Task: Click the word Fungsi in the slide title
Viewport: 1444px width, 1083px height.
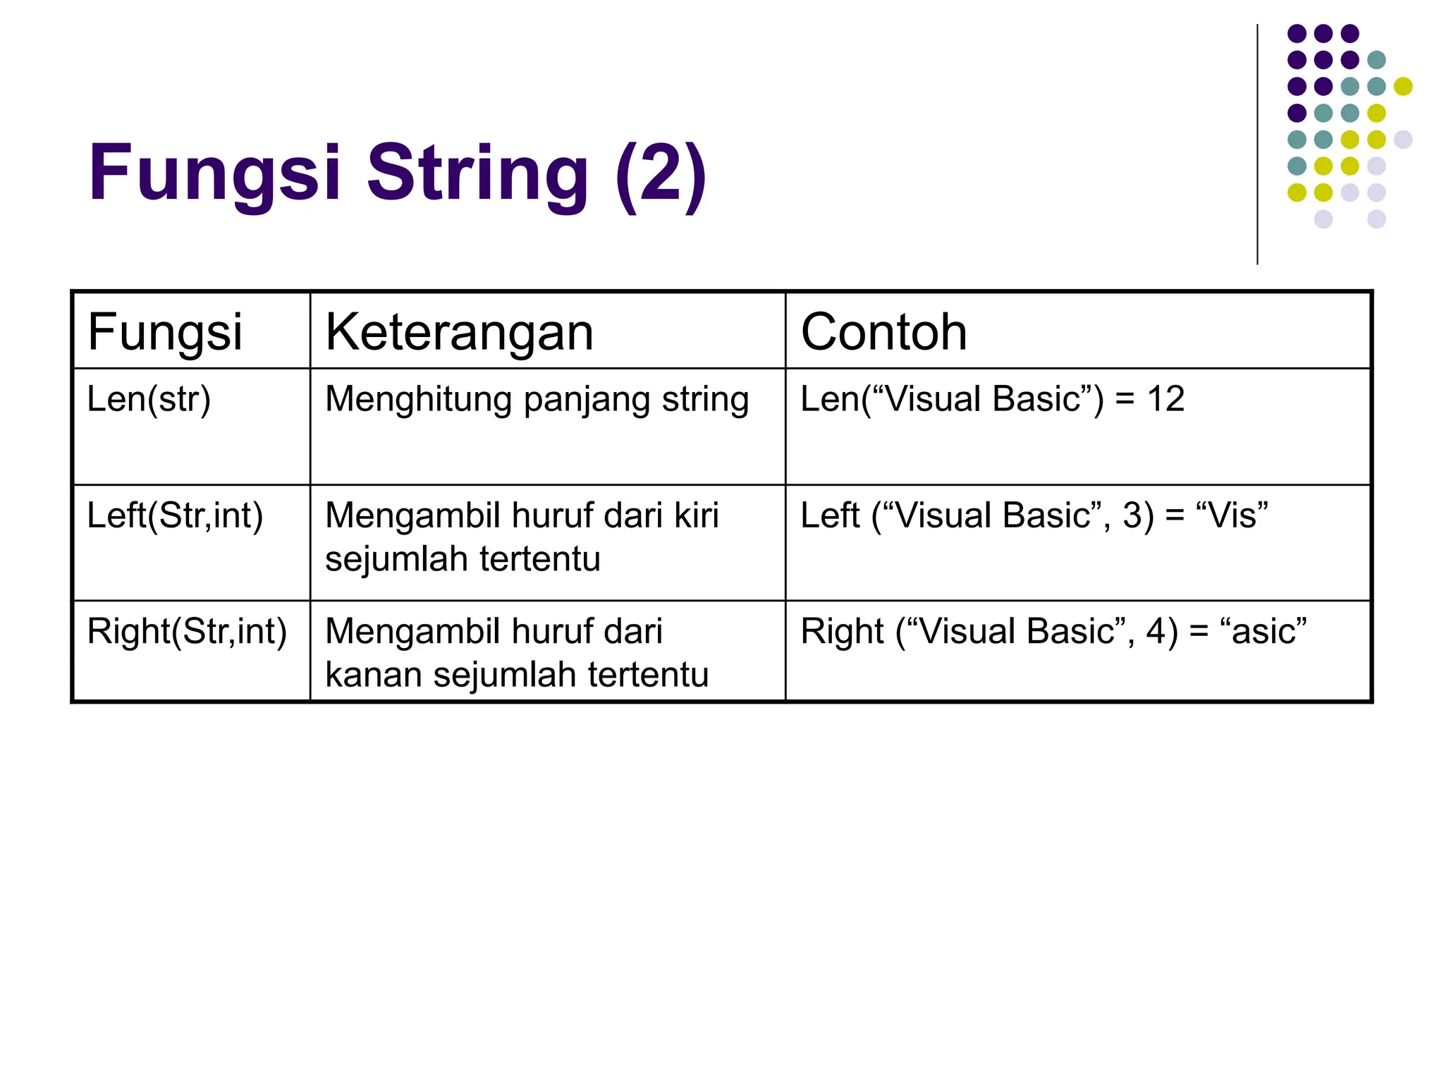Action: tap(214, 173)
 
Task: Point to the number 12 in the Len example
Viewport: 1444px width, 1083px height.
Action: tap(1165, 399)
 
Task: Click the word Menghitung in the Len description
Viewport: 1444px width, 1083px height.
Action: tap(418, 399)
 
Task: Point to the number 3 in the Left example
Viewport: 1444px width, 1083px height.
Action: tap(1132, 515)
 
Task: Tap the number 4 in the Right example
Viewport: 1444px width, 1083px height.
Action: tap(1156, 631)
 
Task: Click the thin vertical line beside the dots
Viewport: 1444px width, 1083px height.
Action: tap(1257, 145)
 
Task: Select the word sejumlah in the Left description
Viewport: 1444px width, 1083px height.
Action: tap(397, 559)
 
